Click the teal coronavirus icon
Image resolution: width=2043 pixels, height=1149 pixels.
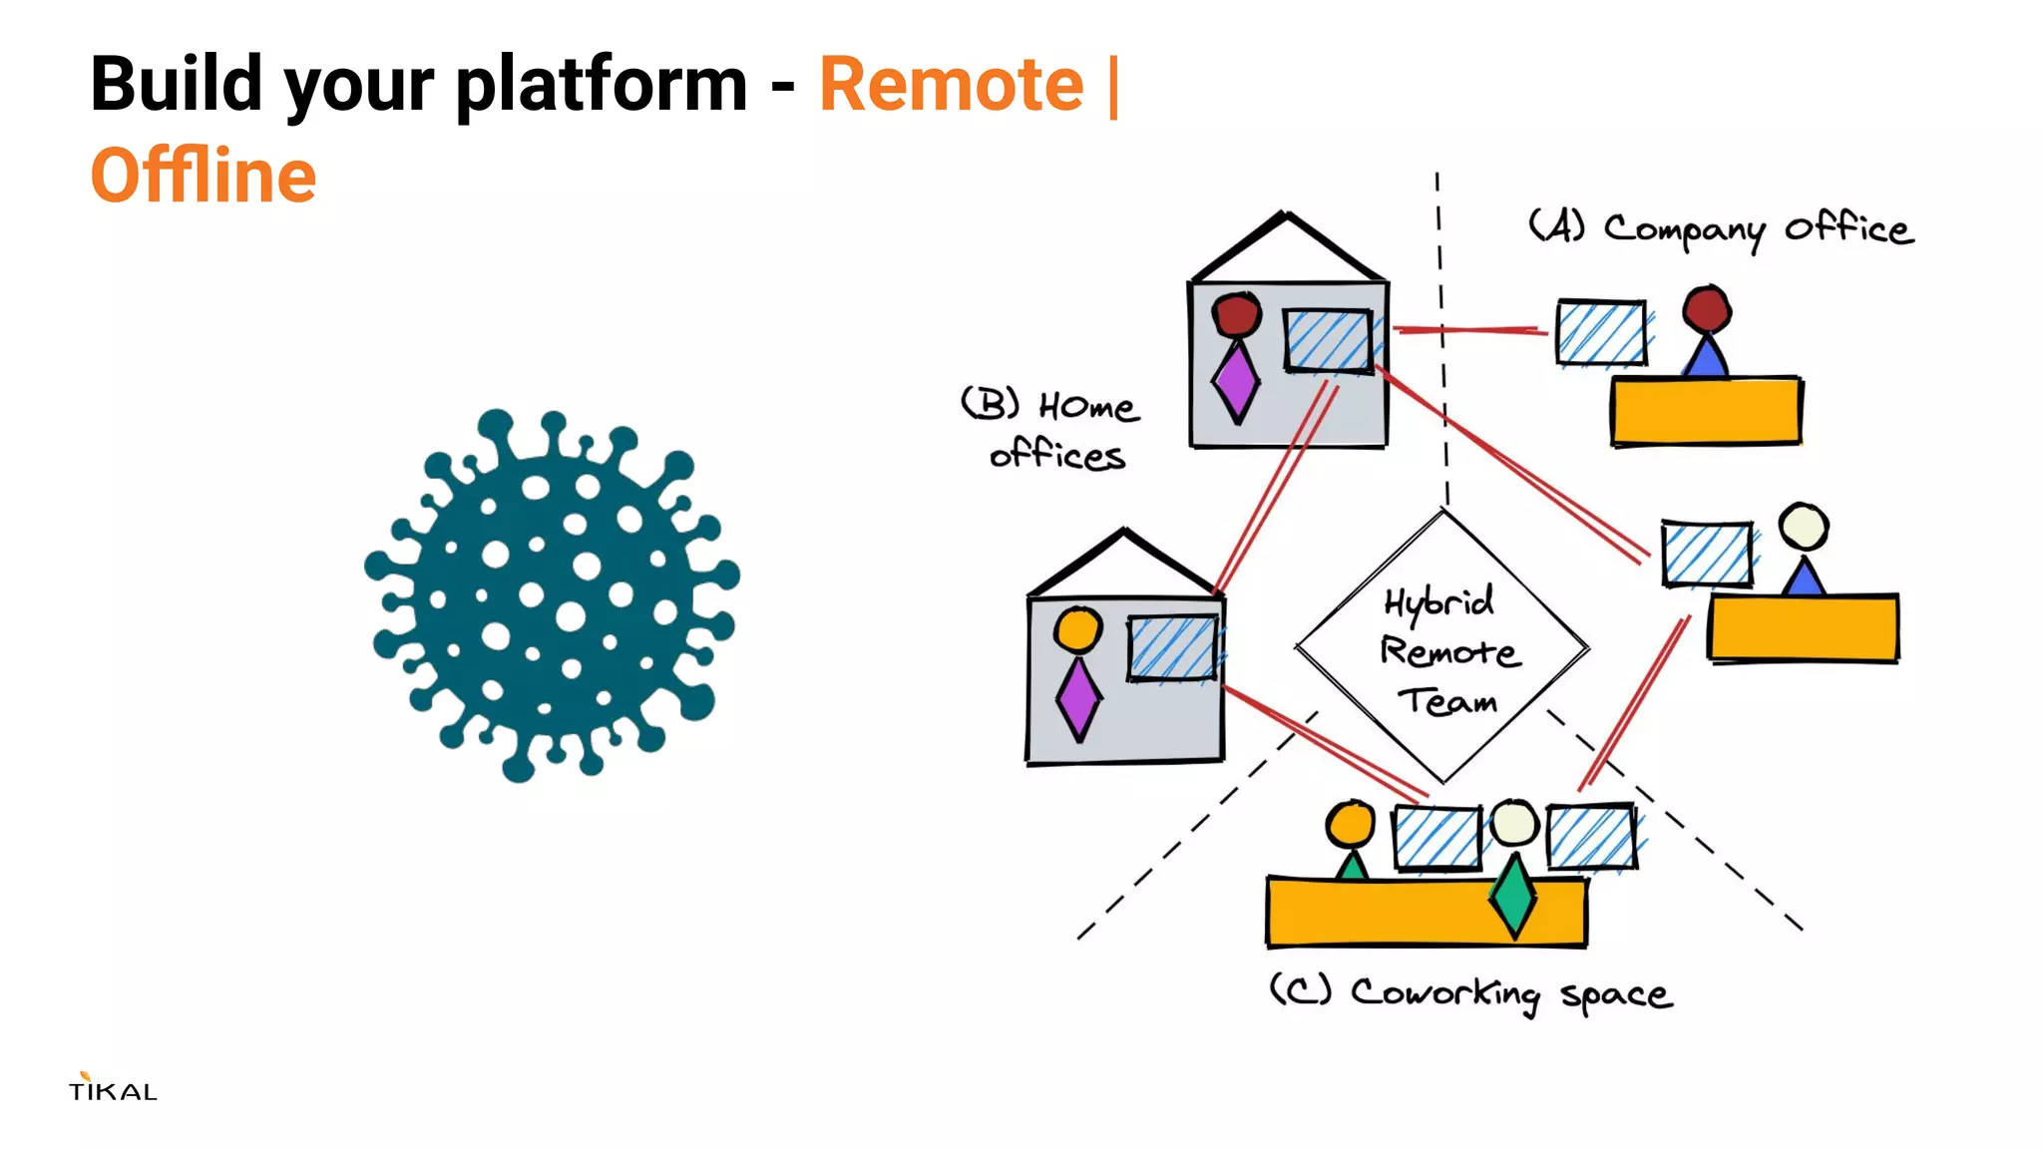pyautogui.click(x=552, y=594)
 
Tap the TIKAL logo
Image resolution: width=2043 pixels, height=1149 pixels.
pyautogui.click(x=113, y=1088)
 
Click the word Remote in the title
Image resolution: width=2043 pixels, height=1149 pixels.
pyautogui.click(x=951, y=85)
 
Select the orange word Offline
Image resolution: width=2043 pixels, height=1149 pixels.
pyautogui.click(x=204, y=177)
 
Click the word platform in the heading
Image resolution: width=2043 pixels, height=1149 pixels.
pyautogui.click(x=602, y=85)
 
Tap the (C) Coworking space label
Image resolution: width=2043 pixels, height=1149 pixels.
pyautogui.click(x=1470, y=993)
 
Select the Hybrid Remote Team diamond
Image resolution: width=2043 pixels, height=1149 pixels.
pyautogui.click(x=1442, y=648)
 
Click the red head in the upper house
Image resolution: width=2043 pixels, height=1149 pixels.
pyautogui.click(x=1237, y=314)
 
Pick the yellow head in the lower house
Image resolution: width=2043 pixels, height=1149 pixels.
pyautogui.click(x=1078, y=629)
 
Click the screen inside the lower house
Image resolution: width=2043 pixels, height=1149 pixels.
pyautogui.click(x=1173, y=649)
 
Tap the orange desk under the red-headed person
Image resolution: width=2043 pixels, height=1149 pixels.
pyautogui.click(x=1706, y=410)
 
